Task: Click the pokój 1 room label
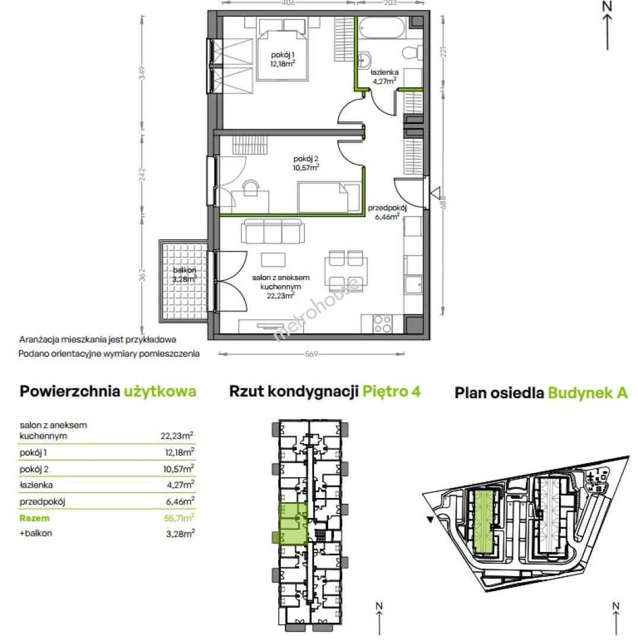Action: point(283,59)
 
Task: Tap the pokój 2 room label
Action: point(306,163)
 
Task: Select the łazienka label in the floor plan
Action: point(385,77)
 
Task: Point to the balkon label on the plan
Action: point(185,275)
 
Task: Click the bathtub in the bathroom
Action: point(382,27)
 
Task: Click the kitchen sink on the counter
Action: point(413,285)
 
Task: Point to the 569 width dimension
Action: point(312,354)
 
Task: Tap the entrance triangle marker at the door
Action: point(435,192)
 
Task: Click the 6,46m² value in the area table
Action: point(180,501)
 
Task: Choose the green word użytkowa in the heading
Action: point(160,392)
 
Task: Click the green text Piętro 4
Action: point(392,392)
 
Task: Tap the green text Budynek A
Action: point(588,393)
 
